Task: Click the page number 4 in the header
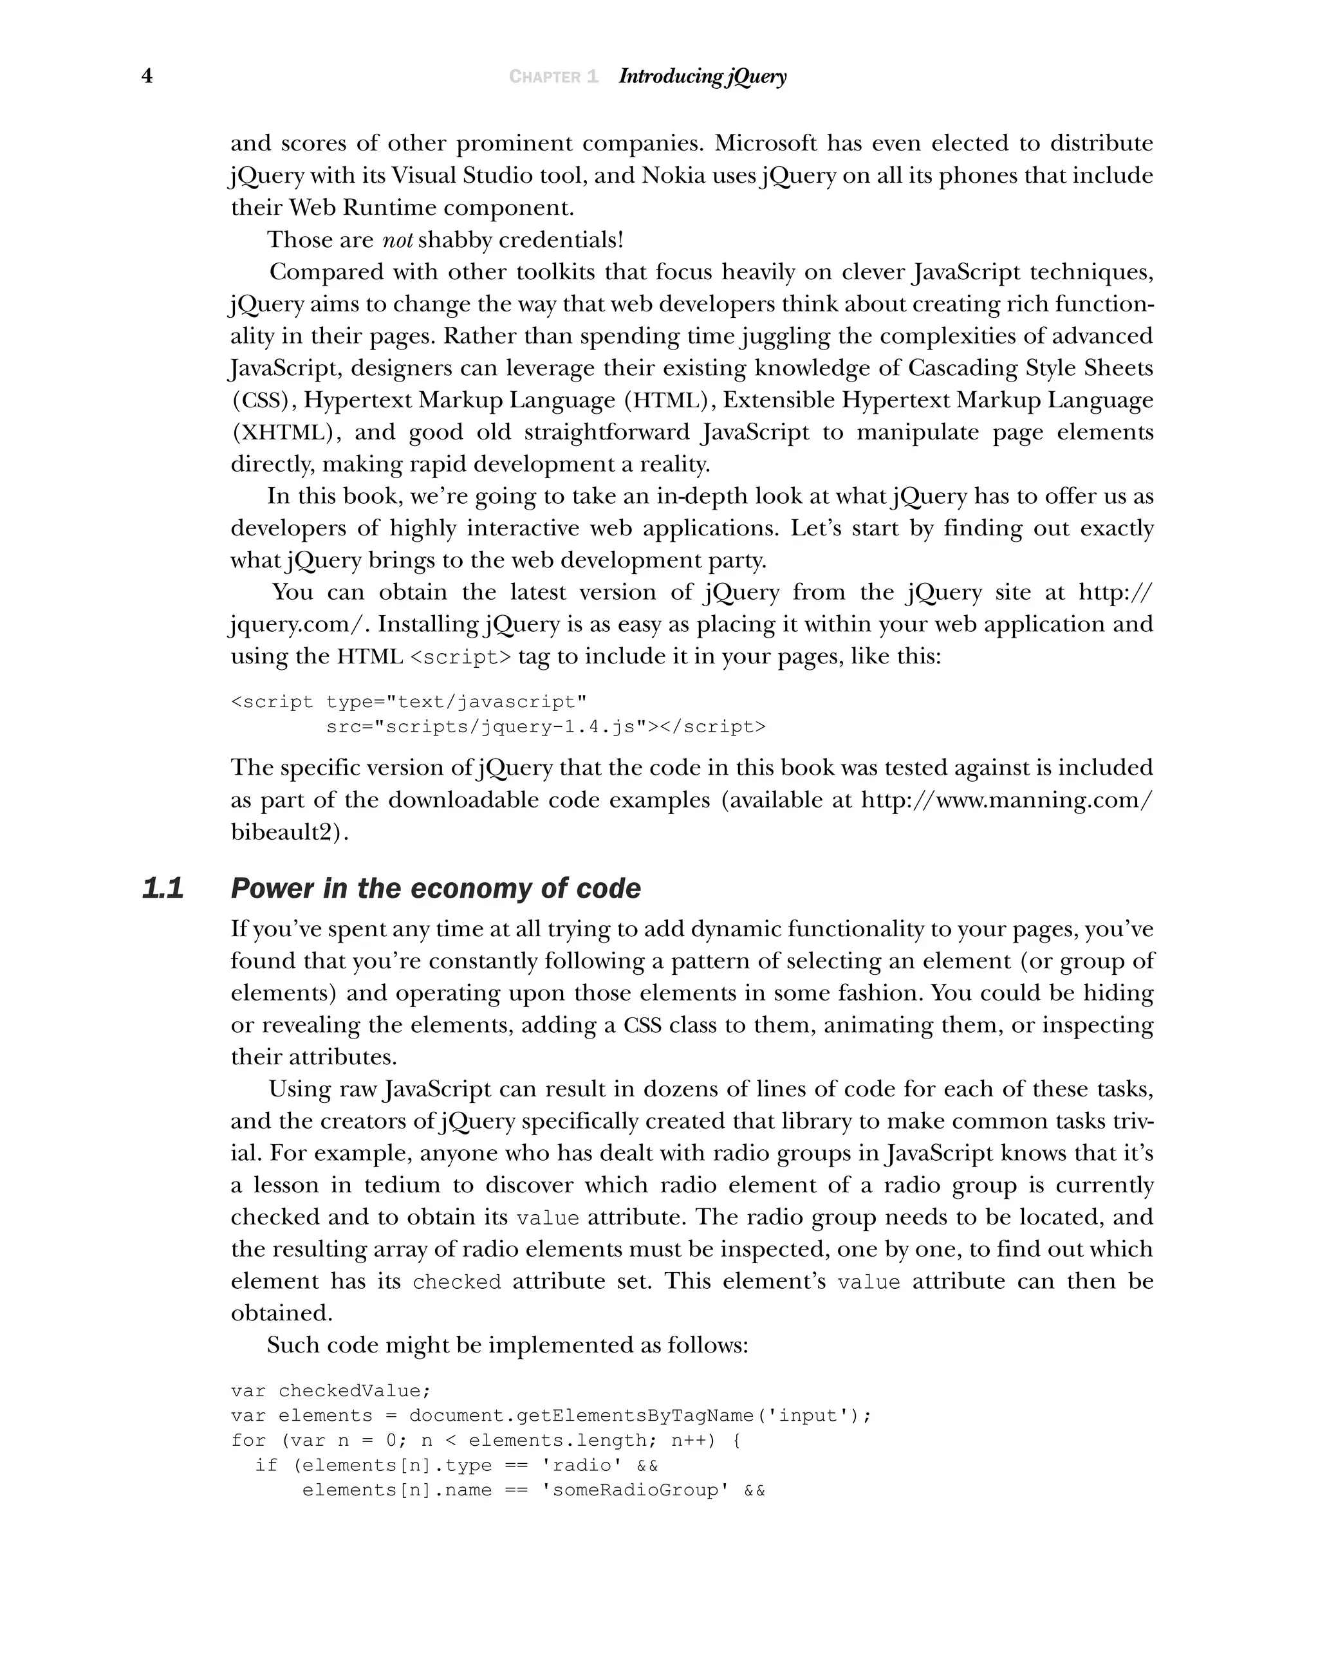click(x=147, y=76)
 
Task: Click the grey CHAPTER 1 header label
click(x=553, y=77)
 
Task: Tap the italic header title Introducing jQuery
click(x=701, y=76)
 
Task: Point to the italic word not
click(x=397, y=240)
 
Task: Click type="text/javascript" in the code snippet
click(x=456, y=702)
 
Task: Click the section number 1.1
click(x=163, y=889)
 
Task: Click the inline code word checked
click(x=456, y=1282)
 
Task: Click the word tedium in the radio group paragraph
click(x=402, y=1185)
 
